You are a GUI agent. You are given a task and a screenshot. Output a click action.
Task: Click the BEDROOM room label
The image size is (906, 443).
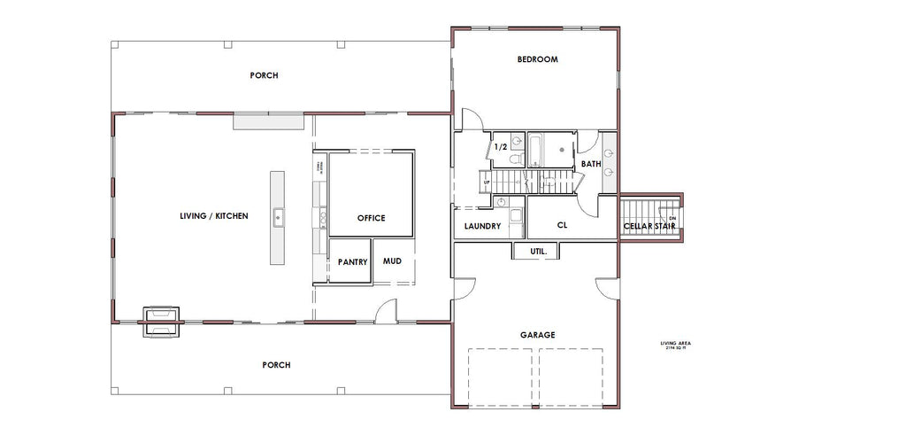537,59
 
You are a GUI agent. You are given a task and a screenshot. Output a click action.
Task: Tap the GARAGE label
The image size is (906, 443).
537,335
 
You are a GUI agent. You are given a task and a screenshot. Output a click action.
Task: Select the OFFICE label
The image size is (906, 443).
371,218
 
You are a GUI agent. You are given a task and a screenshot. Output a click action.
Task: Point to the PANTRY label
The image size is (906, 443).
352,262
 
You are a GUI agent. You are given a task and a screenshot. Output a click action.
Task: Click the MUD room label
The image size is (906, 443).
392,261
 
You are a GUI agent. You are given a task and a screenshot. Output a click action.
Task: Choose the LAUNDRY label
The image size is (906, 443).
483,226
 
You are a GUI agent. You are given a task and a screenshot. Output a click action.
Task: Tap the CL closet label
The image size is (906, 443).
562,225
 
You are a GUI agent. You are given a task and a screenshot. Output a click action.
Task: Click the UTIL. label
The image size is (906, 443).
538,252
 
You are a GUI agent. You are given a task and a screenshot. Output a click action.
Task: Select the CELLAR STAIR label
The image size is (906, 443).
649,226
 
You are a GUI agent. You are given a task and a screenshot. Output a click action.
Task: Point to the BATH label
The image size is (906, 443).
591,164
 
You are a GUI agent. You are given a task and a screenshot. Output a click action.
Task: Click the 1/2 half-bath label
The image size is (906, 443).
500,147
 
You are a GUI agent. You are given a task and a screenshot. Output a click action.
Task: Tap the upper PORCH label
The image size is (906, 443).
264,75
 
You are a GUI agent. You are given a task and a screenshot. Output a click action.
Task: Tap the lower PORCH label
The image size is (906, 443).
275,364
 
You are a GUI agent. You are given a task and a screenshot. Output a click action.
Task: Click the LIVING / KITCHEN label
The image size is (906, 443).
213,216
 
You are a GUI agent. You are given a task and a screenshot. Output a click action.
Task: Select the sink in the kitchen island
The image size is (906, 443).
278,214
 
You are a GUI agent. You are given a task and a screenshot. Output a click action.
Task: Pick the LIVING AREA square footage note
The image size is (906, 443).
676,345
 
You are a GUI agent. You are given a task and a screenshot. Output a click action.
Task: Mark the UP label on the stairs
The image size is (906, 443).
485,183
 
